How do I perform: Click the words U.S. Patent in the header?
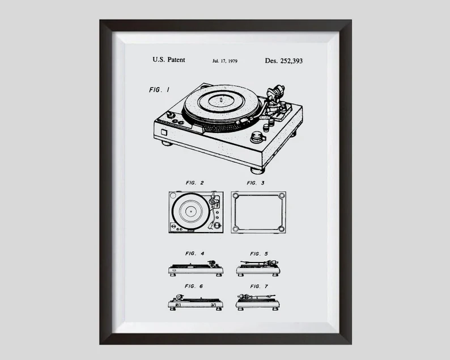tap(169, 60)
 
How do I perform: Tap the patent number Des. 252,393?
tap(284, 60)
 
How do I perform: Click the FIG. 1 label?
tap(159, 90)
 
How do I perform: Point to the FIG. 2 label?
tap(194, 183)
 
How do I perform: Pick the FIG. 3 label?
tap(255, 183)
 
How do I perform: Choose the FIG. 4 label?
tap(194, 253)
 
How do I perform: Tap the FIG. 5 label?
tap(259, 253)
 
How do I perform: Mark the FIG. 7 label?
tap(259, 286)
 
